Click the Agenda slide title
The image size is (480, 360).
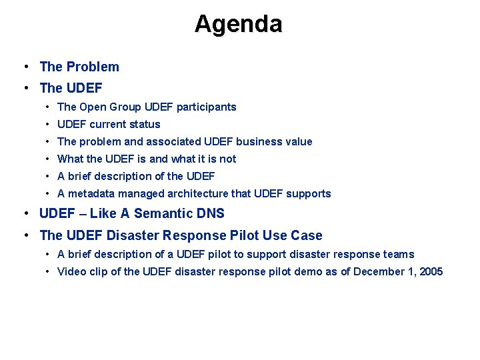tap(239, 24)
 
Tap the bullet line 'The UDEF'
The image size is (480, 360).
tap(71, 88)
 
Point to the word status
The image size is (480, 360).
tap(145, 124)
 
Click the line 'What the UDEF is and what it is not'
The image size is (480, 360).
tap(147, 159)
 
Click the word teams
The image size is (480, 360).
tap(399, 254)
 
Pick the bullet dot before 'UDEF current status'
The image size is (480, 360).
tap(49, 124)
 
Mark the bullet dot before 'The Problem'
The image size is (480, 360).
tap(25, 67)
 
